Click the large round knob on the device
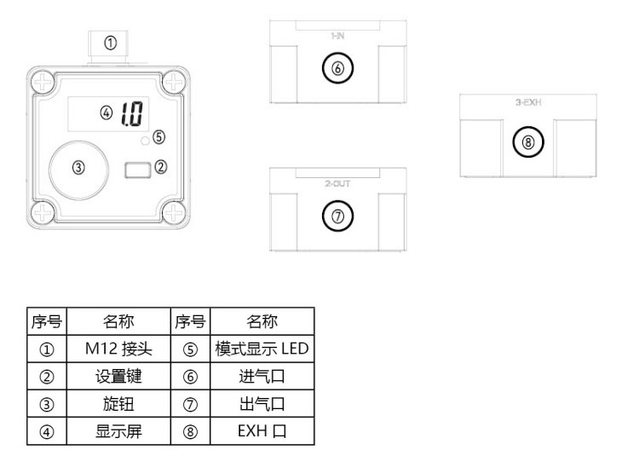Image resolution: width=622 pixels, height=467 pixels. [x=78, y=168]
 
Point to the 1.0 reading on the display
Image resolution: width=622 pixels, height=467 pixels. [x=132, y=112]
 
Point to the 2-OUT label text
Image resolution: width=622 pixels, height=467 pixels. [x=337, y=183]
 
